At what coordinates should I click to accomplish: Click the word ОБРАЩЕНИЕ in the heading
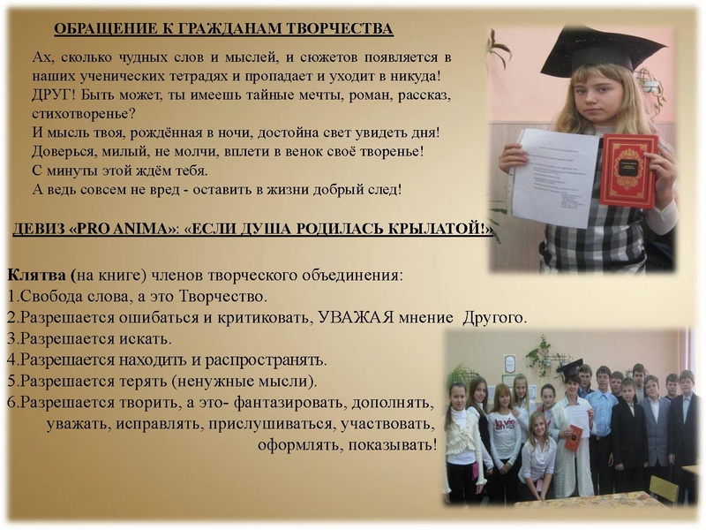coord(100,29)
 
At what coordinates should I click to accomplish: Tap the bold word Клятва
coord(36,275)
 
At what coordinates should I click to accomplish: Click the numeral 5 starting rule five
coord(11,381)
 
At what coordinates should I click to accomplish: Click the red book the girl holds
coord(628,170)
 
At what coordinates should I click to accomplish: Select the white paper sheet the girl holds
coord(554,177)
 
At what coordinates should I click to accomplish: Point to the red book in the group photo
coord(574,437)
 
